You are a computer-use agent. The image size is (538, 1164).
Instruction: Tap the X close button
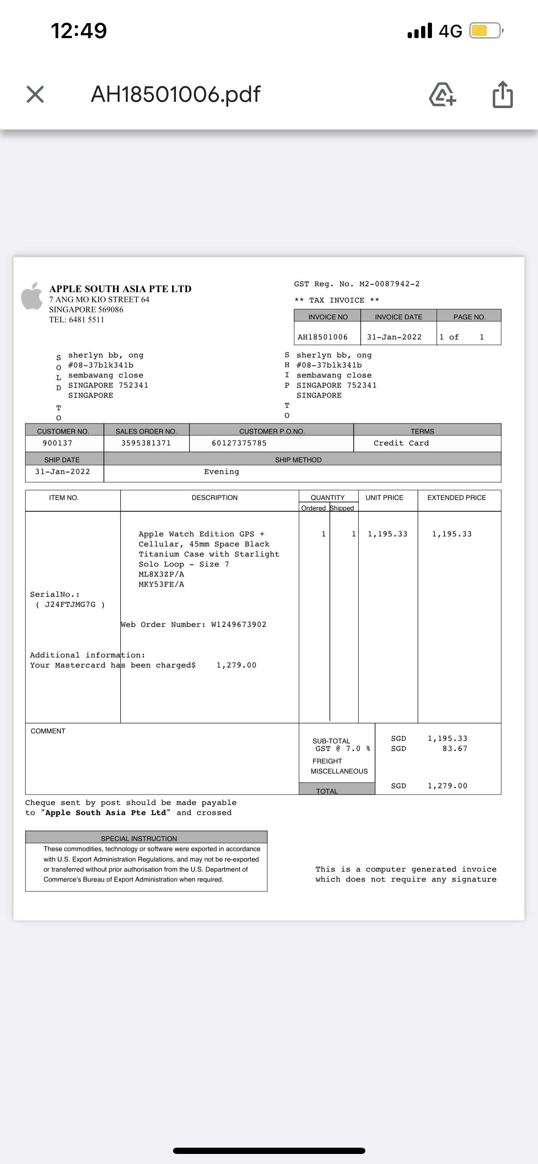[35, 94]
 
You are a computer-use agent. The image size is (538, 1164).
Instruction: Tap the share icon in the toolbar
[502, 94]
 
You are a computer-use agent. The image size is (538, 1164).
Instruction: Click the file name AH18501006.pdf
[175, 94]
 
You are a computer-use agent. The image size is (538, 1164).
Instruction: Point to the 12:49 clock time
[79, 31]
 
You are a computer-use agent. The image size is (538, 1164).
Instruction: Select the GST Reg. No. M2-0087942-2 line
[357, 284]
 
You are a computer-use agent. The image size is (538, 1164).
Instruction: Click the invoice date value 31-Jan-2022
[394, 337]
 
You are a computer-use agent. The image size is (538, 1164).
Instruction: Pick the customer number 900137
[57, 443]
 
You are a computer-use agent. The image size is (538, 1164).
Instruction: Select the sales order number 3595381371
[146, 443]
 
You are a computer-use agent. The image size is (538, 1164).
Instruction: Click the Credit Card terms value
[401, 443]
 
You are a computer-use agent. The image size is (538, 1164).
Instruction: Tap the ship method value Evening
[221, 472]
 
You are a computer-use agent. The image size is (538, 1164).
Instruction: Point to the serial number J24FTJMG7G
[70, 605]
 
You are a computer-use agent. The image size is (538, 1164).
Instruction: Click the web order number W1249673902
[238, 624]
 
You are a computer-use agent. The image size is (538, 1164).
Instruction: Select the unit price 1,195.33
[387, 534]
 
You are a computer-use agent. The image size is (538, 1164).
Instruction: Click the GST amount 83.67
[455, 749]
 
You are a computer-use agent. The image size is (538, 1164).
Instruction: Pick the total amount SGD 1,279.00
[447, 786]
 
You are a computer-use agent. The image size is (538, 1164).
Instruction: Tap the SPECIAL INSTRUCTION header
[139, 838]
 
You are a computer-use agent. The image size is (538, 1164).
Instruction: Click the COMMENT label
[48, 731]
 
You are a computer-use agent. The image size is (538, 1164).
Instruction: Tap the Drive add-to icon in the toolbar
[442, 94]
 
